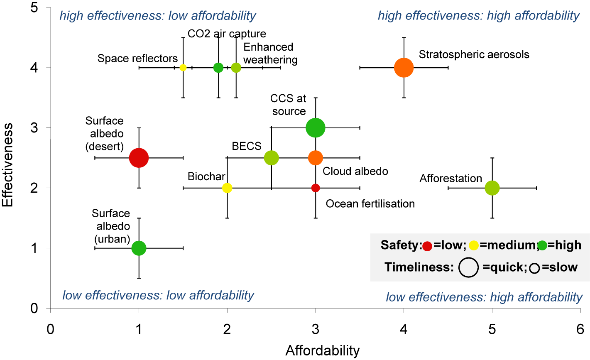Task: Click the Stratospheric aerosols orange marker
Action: click(x=404, y=68)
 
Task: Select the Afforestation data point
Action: click(x=492, y=188)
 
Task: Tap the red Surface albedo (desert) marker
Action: click(x=139, y=158)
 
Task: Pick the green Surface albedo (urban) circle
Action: click(x=139, y=248)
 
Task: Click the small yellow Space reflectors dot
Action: click(x=183, y=68)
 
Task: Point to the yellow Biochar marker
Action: click(x=227, y=188)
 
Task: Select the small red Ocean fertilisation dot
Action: click(x=316, y=188)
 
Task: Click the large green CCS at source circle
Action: click(x=316, y=128)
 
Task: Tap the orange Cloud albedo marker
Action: click(x=316, y=158)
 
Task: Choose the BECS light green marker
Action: click(x=271, y=158)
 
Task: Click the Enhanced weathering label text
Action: click(x=270, y=53)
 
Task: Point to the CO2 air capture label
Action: click(x=227, y=34)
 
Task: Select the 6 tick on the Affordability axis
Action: click(x=580, y=329)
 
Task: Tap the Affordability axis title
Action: click(x=322, y=351)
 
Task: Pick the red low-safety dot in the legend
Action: click(x=427, y=246)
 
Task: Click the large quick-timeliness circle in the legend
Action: click(x=469, y=267)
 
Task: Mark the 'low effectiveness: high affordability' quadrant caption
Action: click(x=484, y=297)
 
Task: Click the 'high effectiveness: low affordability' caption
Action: click(x=158, y=16)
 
